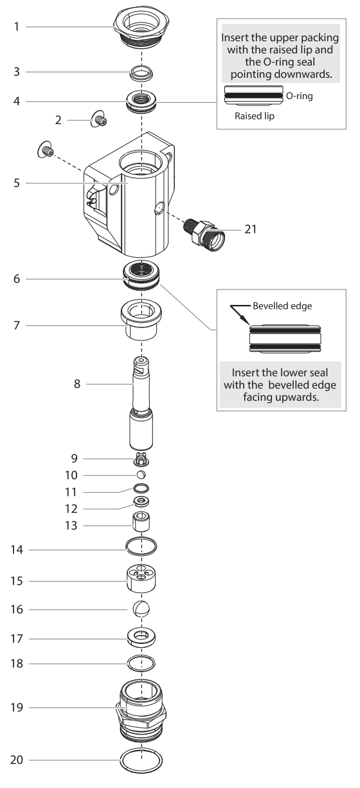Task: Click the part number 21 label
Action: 250,230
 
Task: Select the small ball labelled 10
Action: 141,475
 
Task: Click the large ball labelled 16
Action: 141,609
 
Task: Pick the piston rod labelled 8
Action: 141,403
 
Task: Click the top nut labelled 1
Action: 141,27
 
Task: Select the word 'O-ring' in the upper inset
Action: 299,96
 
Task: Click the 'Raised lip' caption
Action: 255,116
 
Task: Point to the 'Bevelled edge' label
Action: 282,306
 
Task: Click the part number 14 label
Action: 17,549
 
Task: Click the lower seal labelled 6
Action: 141,276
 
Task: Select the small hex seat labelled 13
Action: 141,522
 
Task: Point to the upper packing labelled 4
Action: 141,102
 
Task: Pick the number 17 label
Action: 17,639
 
